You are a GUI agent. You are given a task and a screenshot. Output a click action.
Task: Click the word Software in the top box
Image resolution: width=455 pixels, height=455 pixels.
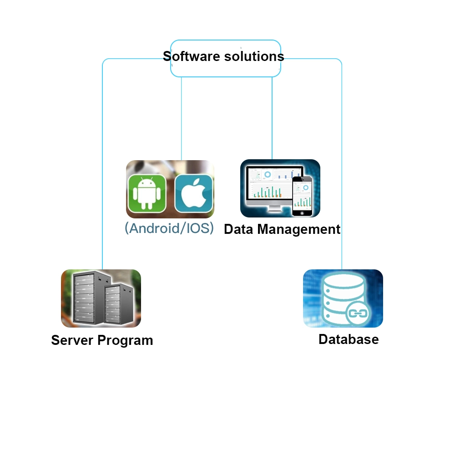pos(191,56)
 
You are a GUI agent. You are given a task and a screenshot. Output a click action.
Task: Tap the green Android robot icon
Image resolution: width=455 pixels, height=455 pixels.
pos(147,193)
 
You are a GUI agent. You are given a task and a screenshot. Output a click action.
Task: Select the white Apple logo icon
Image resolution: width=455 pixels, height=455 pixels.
pos(193,193)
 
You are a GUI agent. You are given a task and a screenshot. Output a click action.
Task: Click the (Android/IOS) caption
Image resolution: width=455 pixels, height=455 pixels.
pos(169,228)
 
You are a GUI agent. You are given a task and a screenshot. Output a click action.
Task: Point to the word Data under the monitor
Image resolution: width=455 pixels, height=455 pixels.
pos(238,229)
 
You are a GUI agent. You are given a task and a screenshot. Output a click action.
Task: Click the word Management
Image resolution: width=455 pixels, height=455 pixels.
pos(299,229)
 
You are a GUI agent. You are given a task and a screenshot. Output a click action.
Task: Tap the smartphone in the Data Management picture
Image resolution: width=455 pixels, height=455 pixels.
pos(302,196)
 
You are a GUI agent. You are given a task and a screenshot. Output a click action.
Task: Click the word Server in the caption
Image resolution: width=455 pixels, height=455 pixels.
pos(72,340)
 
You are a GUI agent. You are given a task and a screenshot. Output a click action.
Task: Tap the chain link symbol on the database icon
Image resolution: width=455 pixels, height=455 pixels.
pos(358,313)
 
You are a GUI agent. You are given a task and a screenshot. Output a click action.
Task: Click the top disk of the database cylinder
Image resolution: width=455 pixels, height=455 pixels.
pos(344,281)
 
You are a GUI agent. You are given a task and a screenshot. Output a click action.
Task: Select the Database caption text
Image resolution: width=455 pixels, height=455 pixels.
pos(349,339)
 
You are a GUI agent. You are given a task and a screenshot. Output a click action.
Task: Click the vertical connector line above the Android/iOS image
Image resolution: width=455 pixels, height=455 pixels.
pos(182,118)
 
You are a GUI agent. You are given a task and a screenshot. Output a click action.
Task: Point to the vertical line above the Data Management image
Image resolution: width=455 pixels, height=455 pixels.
pos(272,118)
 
